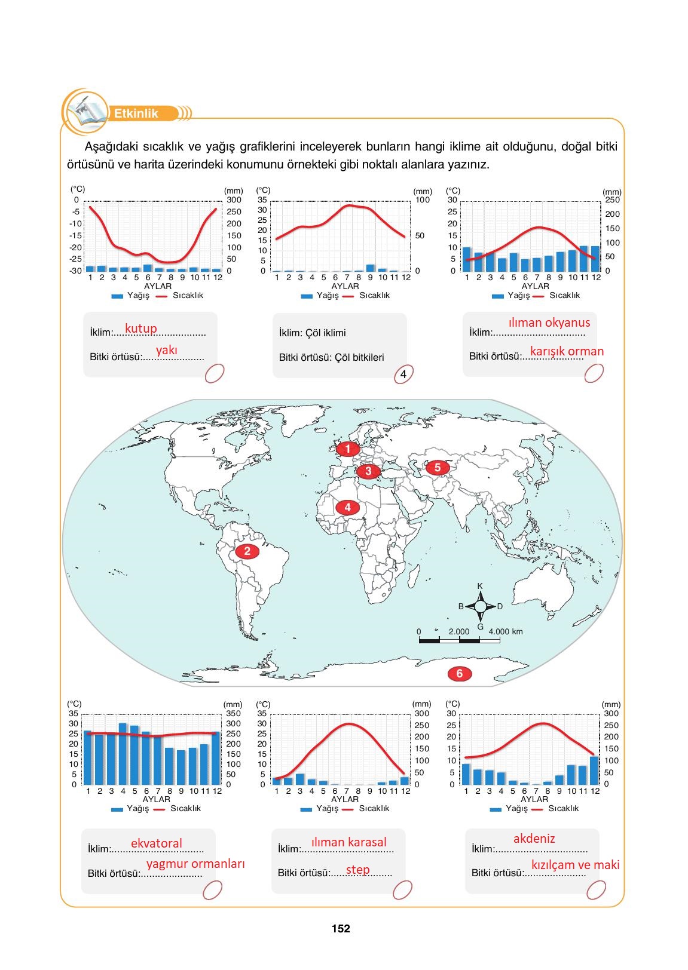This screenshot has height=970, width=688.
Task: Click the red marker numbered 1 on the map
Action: click(x=347, y=449)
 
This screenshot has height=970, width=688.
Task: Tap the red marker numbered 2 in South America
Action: click(x=247, y=551)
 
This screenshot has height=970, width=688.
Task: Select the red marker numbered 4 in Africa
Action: click(x=347, y=508)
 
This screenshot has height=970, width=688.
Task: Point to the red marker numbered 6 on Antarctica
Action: click(x=459, y=674)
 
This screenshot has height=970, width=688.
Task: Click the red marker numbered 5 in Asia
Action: click(x=437, y=468)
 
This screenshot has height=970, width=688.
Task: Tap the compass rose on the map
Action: click(x=480, y=606)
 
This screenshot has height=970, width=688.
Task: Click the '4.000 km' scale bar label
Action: click(x=506, y=631)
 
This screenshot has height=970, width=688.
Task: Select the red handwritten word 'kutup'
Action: click(x=141, y=329)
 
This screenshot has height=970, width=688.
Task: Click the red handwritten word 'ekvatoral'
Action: click(x=157, y=843)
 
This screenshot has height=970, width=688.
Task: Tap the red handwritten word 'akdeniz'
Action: click(x=534, y=839)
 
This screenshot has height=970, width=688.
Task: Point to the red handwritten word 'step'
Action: click(x=358, y=870)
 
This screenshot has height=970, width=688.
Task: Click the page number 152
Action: click(x=341, y=929)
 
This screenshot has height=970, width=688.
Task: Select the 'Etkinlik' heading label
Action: click(x=136, y=113)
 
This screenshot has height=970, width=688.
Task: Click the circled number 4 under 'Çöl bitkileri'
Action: click(x=403, y=375)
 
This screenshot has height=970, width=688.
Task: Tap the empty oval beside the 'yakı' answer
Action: click(x=215, y=374)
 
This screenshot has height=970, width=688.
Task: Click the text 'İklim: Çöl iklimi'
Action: click(x=313, y=333)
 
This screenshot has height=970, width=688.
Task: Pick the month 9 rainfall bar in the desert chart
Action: click(x=371, y=268)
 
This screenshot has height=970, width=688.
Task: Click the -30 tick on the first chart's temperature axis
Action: click(x=76, y=271)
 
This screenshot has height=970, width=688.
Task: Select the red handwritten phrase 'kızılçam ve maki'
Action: click(x=575, y=865)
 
